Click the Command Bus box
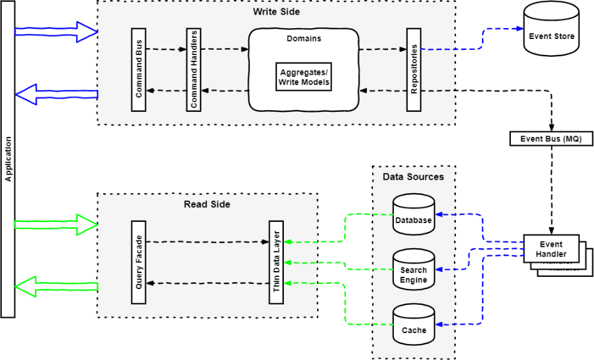(139, 70)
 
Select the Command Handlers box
(194, 70)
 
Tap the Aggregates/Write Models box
(304, 78)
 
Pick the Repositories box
(414, 70)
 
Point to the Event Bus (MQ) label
(551, 139)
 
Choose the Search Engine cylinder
(413, 269)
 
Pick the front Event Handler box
(551, 249)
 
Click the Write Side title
(276, 12)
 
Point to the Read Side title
(207, 204)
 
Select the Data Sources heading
(413, 176)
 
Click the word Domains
(304, 38)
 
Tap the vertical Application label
(8, 159)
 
